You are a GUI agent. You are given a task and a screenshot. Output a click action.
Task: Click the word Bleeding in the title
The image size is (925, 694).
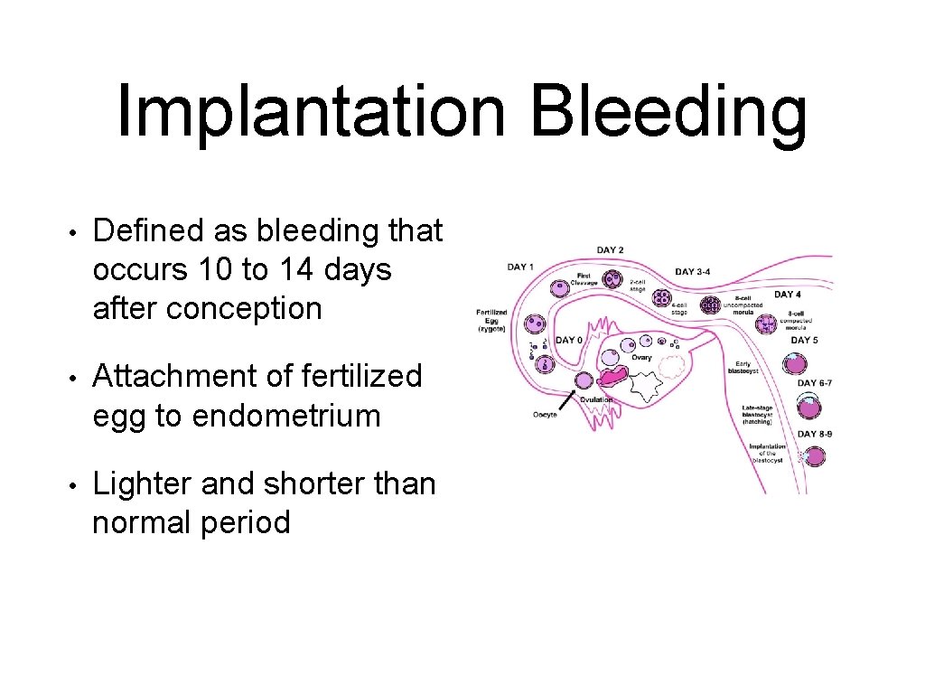tap(668, 110)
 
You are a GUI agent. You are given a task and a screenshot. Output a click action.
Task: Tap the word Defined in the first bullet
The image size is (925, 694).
tap(150, 231)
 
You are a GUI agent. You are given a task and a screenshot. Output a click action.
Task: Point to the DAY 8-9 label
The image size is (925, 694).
tap(815, 434)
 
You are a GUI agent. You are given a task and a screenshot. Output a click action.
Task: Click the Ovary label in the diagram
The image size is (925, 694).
tap(642, 358)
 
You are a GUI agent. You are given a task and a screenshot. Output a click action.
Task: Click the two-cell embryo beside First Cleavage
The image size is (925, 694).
tap(612, 281)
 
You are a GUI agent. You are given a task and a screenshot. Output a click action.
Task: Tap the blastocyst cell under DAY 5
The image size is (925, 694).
tap(794, 363)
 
